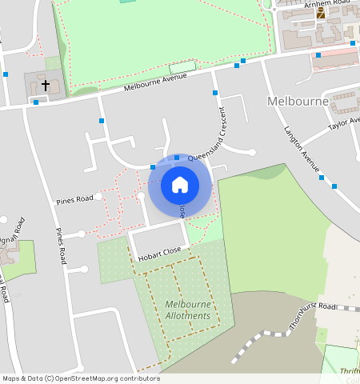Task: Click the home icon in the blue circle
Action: point(180,185)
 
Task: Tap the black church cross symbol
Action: point(46,84)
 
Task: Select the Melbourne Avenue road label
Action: point(155,82)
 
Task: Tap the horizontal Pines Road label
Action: point(74,199)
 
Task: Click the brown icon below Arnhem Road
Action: point(321,14)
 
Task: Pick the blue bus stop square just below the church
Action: point(36,102)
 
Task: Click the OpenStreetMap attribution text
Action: point(80,378)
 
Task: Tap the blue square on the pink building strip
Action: point(318,55)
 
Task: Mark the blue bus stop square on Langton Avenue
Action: point(334,186)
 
